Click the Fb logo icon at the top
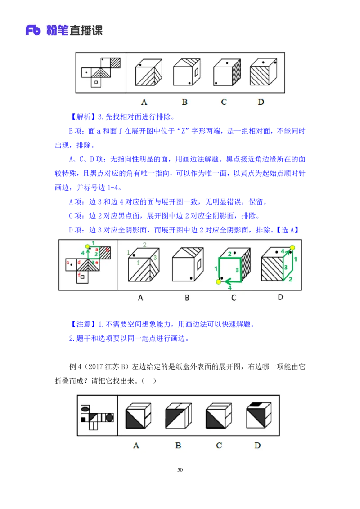click(x=34, y=31)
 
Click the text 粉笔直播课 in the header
click(x=74, y=31)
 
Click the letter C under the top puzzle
click(x=224, y=102)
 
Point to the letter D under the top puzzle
click(x=261, y=102)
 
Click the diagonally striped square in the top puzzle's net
click(x=116, y=62)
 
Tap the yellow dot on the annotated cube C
click(x=219, y=281)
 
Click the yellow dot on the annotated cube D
click(x=292, y=247)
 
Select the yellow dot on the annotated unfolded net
click(x=87, y=246)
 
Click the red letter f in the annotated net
click(x=79, y=275)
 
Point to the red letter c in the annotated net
click(x=67, y=262)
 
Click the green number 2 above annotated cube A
click(x=144, y=245)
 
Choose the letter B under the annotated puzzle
click(x=187, y=297)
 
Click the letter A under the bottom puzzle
click(x=136, y=446)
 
